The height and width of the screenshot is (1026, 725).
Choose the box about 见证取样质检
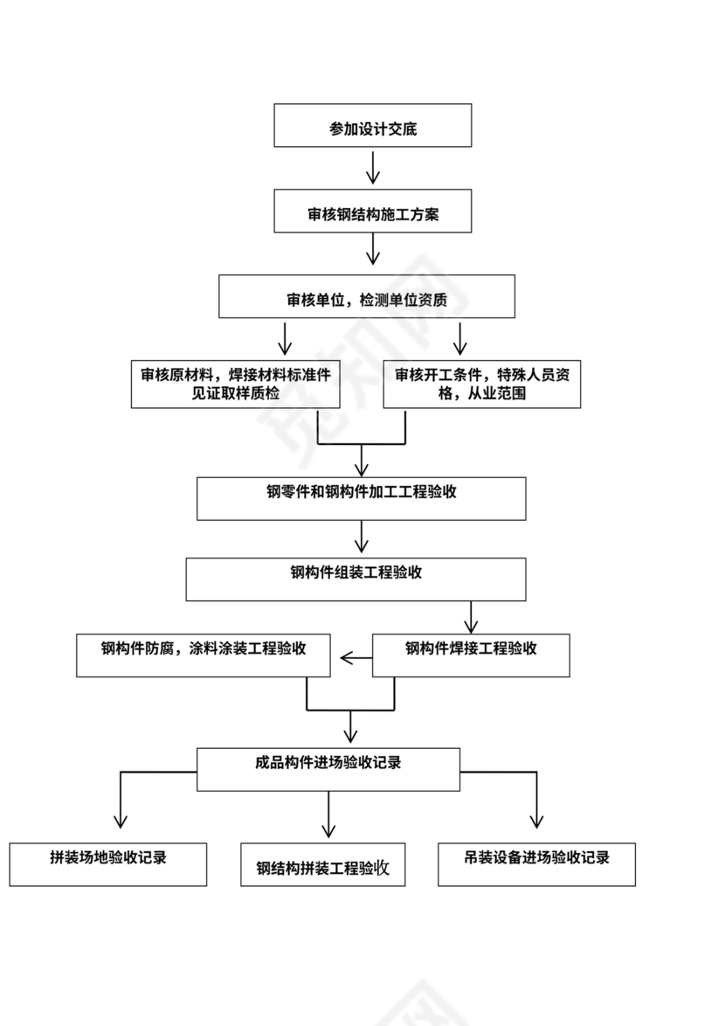click(x=235, y=385)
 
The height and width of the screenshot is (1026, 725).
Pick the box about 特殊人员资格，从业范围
click(x=482, y=385)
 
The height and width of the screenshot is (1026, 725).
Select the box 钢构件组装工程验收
click(x=356, y=579)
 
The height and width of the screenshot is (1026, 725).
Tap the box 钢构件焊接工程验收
click(x=471, y=655)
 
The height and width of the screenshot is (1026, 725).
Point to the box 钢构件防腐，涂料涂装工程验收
click(x=204, y=655)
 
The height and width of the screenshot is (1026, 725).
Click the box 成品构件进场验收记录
click(x=328, y=769)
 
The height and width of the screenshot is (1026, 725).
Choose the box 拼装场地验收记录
click(x=108, y=864)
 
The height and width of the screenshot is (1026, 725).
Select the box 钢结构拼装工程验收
click(x=323, y=864)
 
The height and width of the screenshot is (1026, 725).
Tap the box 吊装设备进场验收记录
click(x=536, y=864)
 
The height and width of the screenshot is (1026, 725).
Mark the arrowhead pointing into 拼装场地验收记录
click(x=121, y=821)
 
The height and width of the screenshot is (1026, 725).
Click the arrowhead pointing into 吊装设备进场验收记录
click(x=536, y=821)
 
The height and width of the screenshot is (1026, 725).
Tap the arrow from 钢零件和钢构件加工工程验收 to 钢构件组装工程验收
click(x=362, y=537)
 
